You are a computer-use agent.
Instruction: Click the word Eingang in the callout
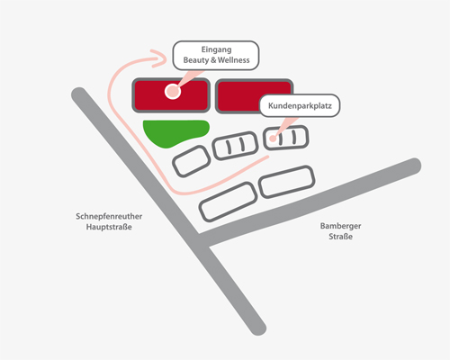[x=216, y=49]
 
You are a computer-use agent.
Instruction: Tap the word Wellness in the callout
[x=234, y=60]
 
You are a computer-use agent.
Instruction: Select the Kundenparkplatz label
[x=300, y=105]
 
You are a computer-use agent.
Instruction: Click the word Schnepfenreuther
[x=109, y=216]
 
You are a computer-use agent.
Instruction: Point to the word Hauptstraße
[x=109, y=227]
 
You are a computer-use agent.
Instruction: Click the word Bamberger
[x=340, y=226]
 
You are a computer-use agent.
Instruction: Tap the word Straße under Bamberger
[x=340, y=237]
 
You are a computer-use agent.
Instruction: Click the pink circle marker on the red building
[x=173, y=91]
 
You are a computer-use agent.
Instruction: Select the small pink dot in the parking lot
[x=273, y=139]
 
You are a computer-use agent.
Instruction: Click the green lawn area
[x=174, y=132]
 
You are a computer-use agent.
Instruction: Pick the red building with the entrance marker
[x=171, y=95]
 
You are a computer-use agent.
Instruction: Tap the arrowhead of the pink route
[x=159, y=58]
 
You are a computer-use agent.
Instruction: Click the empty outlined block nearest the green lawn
[x=192, y=161]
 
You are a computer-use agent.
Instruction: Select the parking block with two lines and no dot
[x=235, y=146]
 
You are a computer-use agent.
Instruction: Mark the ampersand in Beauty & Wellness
[x=213, y=60]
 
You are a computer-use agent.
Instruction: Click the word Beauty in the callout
[x=196, y=60]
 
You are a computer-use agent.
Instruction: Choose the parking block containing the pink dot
[x=285, y=138]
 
